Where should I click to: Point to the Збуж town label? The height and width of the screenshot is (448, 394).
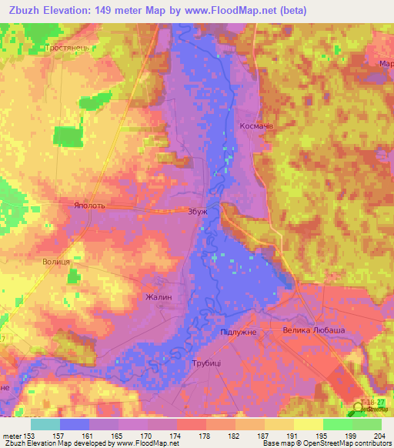198,210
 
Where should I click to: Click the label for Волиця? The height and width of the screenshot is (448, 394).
56,262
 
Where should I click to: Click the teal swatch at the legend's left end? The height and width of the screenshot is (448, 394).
45,424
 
